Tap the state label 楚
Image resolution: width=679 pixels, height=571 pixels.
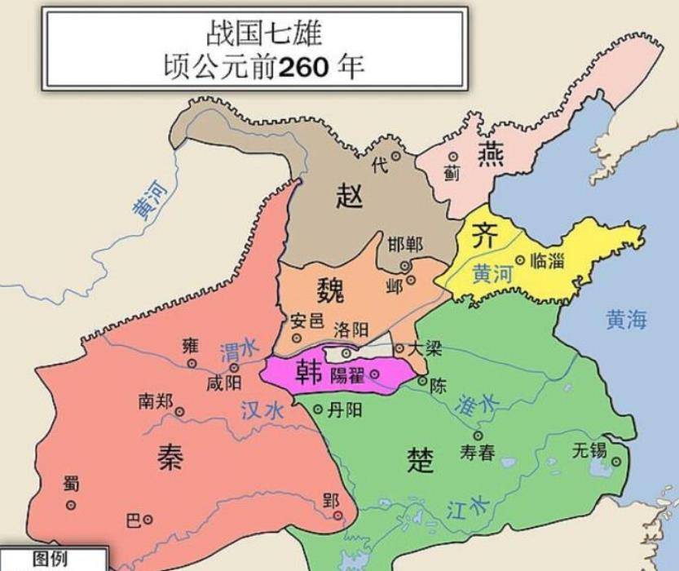(x=420, y=461)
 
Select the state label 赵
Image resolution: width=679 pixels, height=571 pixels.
(x=349, y=196)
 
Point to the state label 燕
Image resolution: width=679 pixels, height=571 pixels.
(x=491, y=153)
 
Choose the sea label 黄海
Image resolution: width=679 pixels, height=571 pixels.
(x=626, y=320)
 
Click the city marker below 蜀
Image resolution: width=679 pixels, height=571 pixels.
(x=71, y=505)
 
